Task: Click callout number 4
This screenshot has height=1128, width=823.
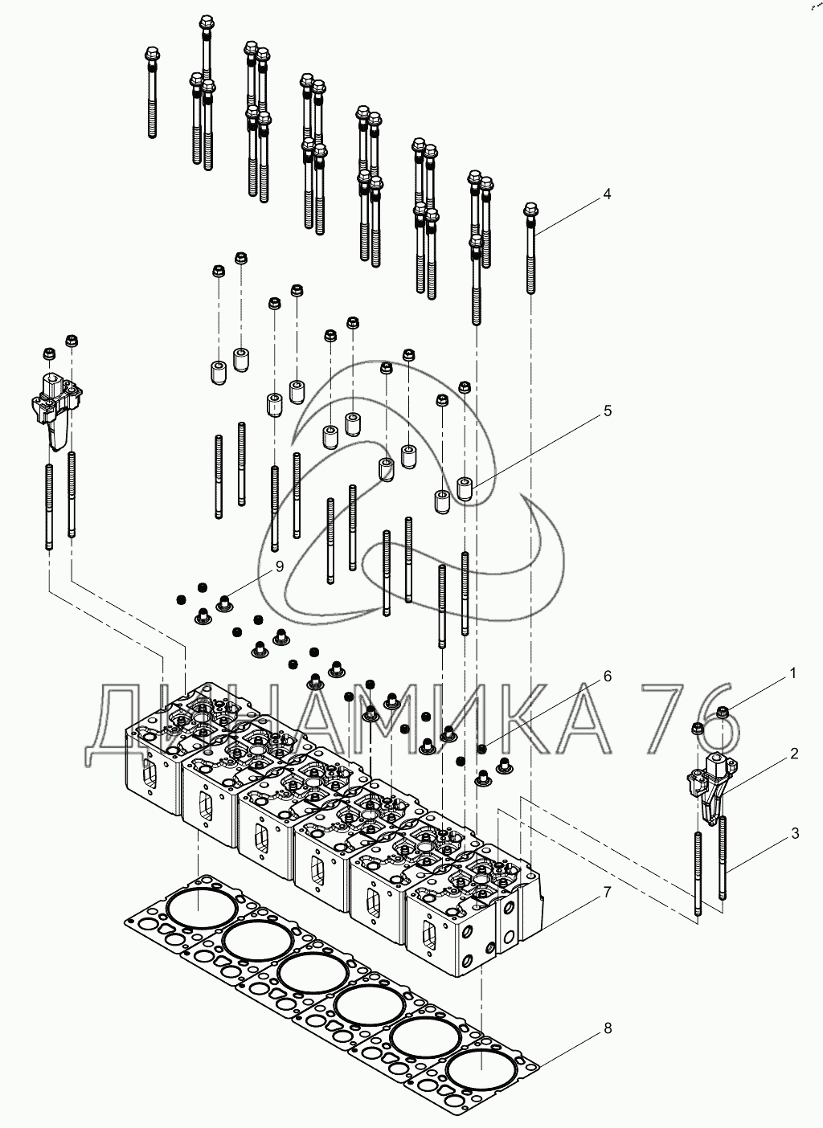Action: pyautogui.click(x=607, y=194)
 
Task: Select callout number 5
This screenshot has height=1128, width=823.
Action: pyautogui.click(x=608, y=411)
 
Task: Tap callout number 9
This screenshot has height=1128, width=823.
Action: pyautogui.click(x=279, y=566)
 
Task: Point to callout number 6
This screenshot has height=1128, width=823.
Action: pyautogui.click(x=608, y=676)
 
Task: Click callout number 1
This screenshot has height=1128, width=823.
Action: pyautogui.click(x=792, y=673)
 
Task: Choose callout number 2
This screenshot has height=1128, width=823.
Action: pyautogui.click(x=794, y=754)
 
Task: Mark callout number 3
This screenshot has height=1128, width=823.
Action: pyautogui.click(x=795, y=833)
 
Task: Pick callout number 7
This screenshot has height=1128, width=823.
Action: pyautogui.click(x=608, y=893)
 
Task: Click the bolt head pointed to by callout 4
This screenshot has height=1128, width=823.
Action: pyautogui.click(x=531, y=208)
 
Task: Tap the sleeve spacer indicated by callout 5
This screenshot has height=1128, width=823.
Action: pyautogui.click(x=464, y=489)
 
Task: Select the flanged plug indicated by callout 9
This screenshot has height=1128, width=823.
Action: pyautogui.click(x=223, y=603)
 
